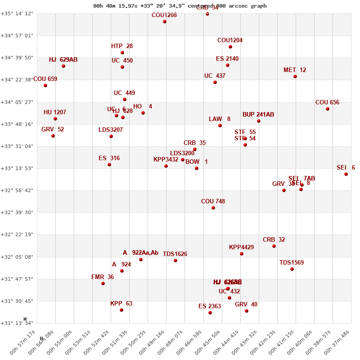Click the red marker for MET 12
(x=295, y=76)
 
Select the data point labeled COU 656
(x=328, y=109)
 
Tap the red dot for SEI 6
(x=346, y=174)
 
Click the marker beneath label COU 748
(x=213, y=208)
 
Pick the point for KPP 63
(x=121, y=310)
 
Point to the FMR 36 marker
(x=103, y=283)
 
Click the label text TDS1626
(x=175, y=254)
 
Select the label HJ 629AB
(x=63, y=59)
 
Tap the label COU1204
(x=230, y=40)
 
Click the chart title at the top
(x=180, y=6)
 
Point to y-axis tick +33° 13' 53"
(x=17, y=168)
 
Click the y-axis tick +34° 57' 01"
(x=17, y=36)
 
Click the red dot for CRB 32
(x=274, y=246)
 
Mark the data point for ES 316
(x=109, y=165)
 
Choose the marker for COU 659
(x=45, y=85)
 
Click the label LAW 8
(x=220, y=119)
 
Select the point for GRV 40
(x=247, y=311)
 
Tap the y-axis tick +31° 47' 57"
(x=17, y=279)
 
